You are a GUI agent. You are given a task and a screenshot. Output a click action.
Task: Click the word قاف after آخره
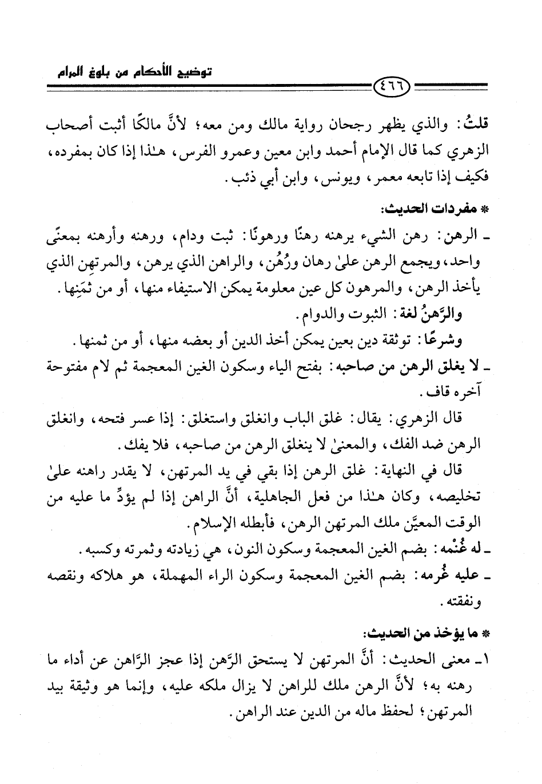(429, 394)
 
